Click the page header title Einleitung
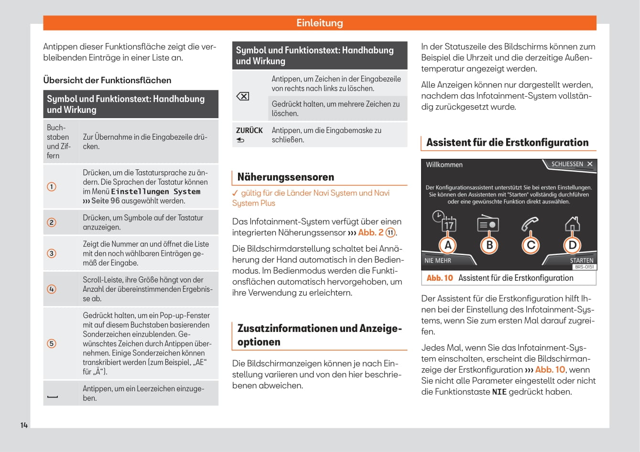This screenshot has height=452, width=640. point(319,23)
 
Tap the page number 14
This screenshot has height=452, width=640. point(24,425)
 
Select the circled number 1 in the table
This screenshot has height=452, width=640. point(52,187)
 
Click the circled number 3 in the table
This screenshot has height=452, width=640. point(52,254)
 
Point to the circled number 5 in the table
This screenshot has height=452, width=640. point(52,343)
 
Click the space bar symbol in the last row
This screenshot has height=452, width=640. point(53,397)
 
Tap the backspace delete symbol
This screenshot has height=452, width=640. point(243,96)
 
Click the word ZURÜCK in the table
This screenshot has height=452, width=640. point(249,130)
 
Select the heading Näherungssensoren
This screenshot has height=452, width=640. point(285,177)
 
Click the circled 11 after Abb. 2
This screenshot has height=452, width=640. point(391,233)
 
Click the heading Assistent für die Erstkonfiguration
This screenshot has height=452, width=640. point(507,143)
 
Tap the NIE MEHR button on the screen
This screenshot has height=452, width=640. point(438,261)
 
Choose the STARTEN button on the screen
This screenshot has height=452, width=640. point(581,261)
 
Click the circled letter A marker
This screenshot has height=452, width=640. point(448,245)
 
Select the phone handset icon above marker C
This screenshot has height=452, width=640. point(530,223)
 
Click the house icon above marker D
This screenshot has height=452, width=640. point(572,223)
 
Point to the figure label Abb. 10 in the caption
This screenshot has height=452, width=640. point(440,278)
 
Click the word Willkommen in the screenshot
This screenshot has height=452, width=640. point(444,165)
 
